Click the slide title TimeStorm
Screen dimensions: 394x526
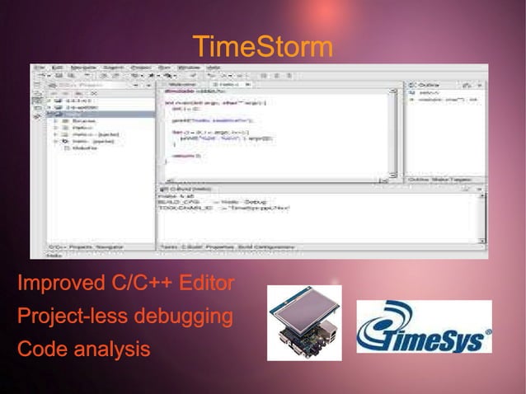pos(262,47)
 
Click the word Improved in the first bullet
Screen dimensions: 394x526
pos(55,285)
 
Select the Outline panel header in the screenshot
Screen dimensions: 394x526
pos(429,84)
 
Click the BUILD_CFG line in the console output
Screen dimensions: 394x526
pos(210,202)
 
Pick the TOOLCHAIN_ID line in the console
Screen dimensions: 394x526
pos(223,209)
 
